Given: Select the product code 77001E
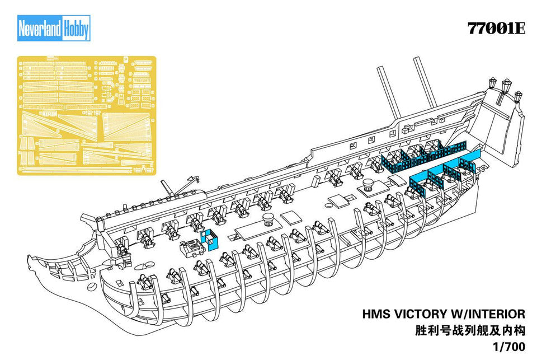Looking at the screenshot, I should click(496, 29).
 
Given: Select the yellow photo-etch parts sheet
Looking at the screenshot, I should click(86, 115).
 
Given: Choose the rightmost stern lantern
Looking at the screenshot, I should click(518, 96).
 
